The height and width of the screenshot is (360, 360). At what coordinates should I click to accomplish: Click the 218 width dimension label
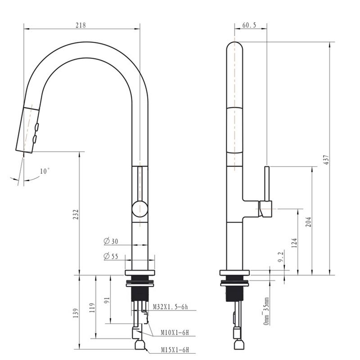click(x=81, y=25)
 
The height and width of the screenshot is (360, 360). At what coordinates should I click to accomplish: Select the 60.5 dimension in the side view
click(x=248, y=26)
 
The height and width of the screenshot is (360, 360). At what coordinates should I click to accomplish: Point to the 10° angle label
click(x=45, y=171)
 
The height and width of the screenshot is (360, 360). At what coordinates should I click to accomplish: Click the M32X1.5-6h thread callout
click(x=170, y=307)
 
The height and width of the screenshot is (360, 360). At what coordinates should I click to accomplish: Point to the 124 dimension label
click(x=294, y=243)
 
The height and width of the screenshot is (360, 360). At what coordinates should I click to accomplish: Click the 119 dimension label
click(x=92, y=307)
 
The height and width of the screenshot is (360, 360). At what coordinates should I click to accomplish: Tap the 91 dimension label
click(x=107, y=300)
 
